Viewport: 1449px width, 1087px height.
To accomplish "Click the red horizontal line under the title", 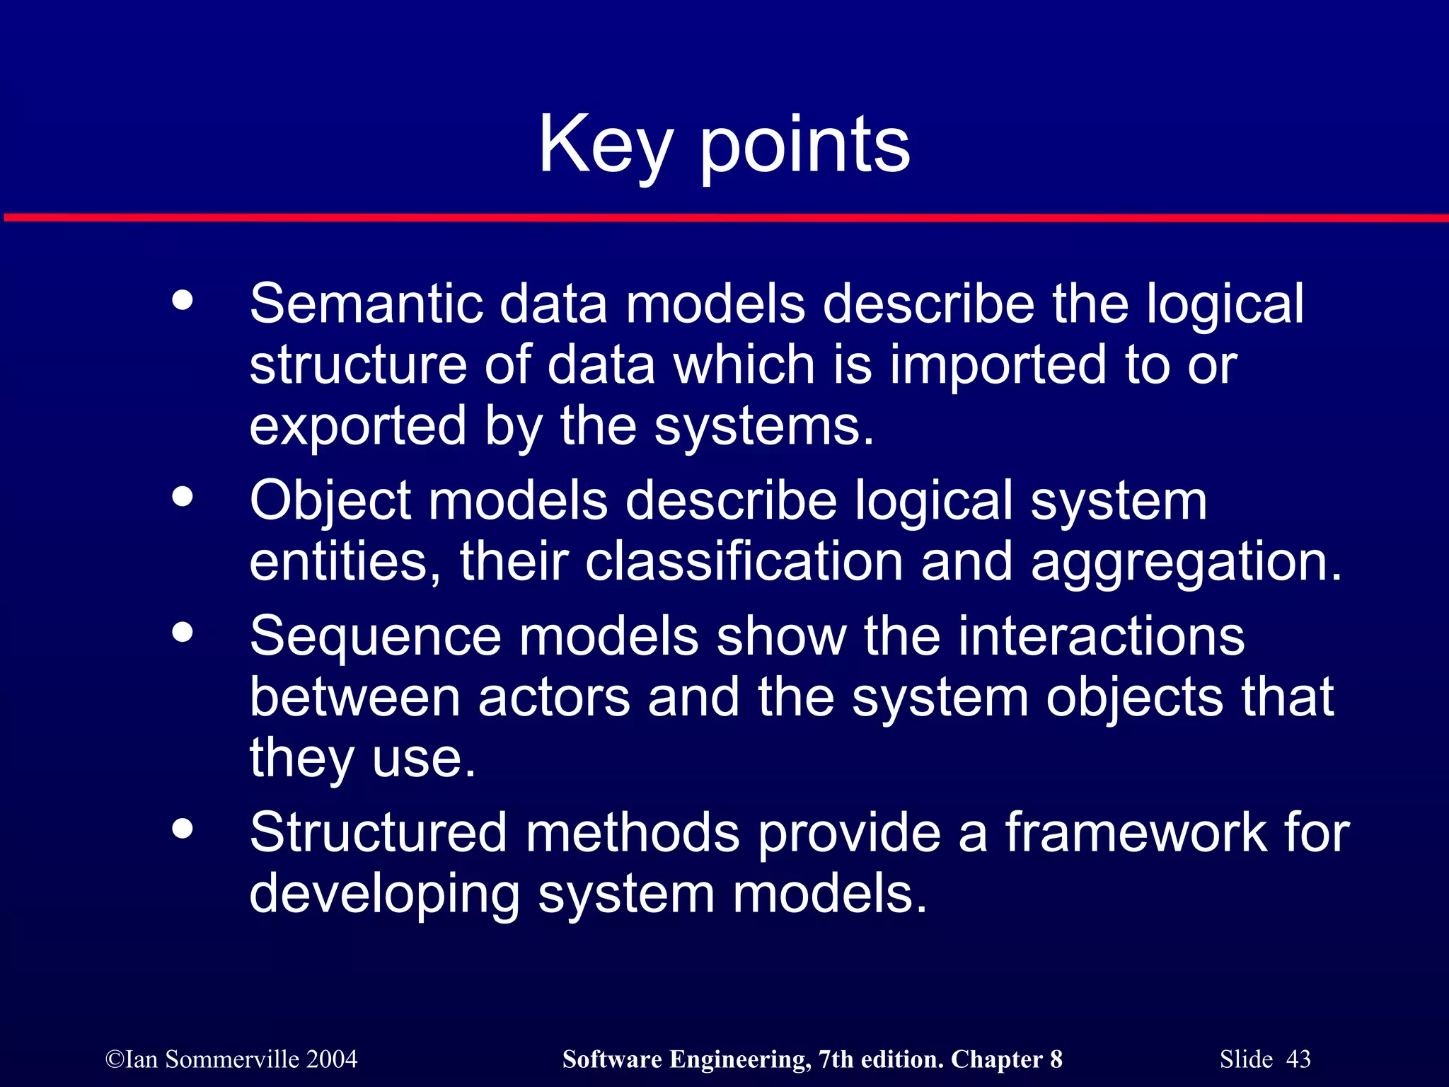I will (x=724, y=217).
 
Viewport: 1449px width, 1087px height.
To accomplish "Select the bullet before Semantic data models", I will (x=183, y=300).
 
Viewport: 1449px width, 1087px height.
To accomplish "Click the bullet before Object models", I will (x=183, y=496).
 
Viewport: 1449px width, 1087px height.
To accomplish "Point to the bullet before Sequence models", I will (x=183, y=631).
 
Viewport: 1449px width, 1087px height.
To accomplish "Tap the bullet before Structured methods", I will (x=183, y=828).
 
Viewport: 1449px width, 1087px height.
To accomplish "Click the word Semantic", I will (x=366, y=304).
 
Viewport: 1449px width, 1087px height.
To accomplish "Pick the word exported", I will (x=358, y=427).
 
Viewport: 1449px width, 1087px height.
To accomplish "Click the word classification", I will (x=744, y=562).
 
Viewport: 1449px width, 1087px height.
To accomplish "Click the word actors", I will (x=554, y=698).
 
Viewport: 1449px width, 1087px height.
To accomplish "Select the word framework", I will (x=1136, y=833).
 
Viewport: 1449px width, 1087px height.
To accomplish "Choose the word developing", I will (x=384, y=895).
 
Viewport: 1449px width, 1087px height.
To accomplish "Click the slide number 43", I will (x=1298, y=1059).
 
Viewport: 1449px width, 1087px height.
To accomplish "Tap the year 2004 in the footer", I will (x=332, y=1059).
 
